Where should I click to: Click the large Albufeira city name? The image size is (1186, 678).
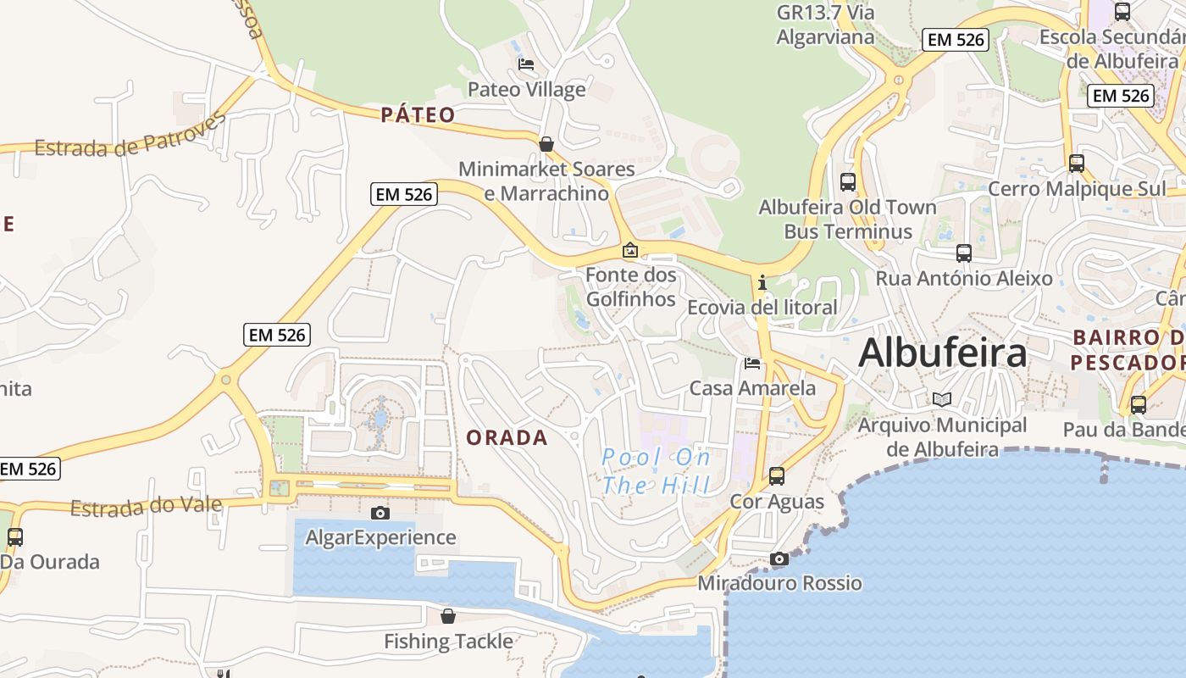(942, 353)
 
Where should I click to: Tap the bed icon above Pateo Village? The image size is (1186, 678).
(526, 64)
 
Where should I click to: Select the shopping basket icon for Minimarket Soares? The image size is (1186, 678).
(546, 144)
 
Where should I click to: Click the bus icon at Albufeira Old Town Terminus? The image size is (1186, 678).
(847, 181)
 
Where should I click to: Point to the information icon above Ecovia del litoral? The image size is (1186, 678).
(762, 281)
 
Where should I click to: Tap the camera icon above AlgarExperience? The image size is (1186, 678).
(380, 513)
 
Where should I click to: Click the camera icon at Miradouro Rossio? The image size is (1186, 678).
(779, 559)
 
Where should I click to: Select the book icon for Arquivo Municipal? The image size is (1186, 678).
(942, 399)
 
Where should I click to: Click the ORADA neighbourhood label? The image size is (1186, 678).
(507, 437)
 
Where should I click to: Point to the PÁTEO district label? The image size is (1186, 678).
(418, 114)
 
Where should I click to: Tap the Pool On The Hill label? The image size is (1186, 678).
(656, 471)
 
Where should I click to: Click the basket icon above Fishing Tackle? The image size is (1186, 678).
(448, 616)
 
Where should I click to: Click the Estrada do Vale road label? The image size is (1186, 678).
(146, 507)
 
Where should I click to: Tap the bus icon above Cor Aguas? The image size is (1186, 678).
(777, 476)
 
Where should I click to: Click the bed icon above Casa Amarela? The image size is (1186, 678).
(751, 364)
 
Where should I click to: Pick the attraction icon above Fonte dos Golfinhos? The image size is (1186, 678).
(630, 250)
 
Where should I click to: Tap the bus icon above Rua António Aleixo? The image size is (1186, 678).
(963, 253)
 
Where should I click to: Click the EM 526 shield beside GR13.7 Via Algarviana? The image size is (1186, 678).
(956, 39)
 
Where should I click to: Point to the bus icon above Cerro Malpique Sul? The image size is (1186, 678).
(1077, 164)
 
